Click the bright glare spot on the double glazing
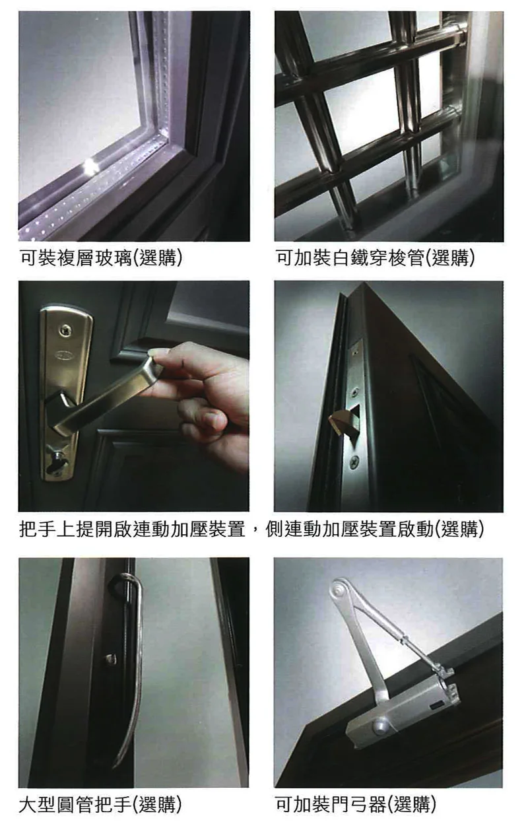coord(88,164)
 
